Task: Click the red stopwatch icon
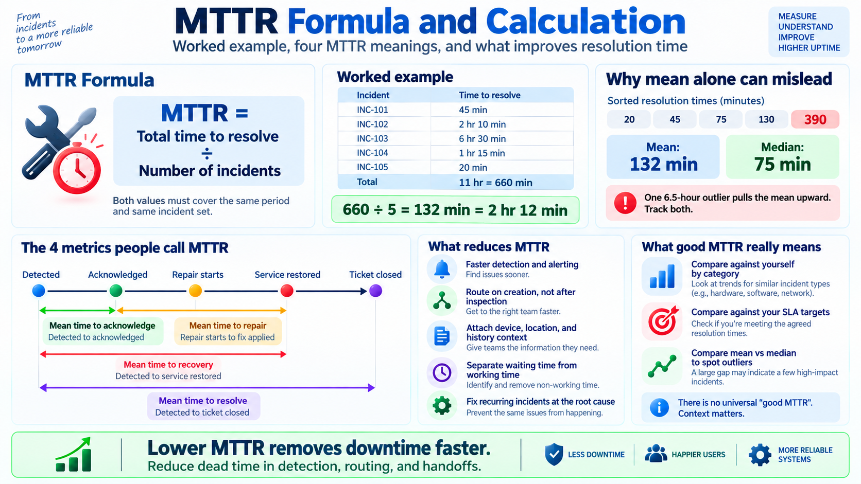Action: pyautogui.click(x=77, y=168)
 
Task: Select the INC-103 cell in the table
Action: pyautogui.click(x=372, y=138)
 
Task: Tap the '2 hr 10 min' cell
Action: pyautogui.click(x=482, y=124)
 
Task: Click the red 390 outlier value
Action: pyautogui.click(x=815, y=119)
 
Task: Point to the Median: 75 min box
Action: pyautogui.click(x=782, y=156)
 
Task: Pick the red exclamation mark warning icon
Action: pyautogui.click(x=625, y=203)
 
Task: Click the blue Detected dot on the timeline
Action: pyautogui.click(x=39, y=291)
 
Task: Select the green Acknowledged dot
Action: pyautogui.click(x=116, y=291)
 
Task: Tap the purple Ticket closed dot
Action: pyautogui.click(x=375, y=291)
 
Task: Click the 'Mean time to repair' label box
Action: pyautogui.click(x=228, y=331)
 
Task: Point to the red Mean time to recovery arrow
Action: pyautogui.click(x=163, y=354)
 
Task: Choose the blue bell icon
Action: pyautogui.click(x=442, y=268)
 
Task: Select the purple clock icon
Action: pyautogui.click(x=442, y=372)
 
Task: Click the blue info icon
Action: pyautogui.click(x=659, y=407)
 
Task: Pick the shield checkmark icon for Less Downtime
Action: pyautogui.click(x=554, y=455)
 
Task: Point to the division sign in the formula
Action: pyautogui.click(x=207, y=153)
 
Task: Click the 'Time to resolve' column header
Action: pyautogui.click(x=489, y=95)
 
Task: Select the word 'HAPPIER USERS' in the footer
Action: pyautogui.click(x=698, y=455)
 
